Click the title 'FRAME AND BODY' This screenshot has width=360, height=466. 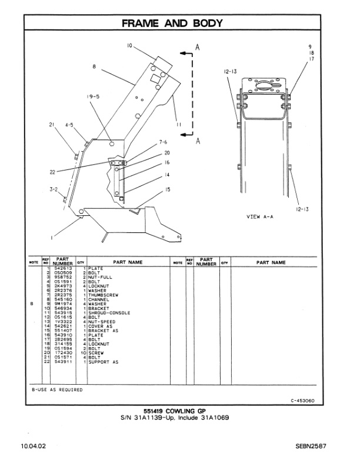click(179, 24)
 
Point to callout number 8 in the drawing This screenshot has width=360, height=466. click(94, 67)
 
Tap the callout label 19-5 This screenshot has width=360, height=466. click(94, 96)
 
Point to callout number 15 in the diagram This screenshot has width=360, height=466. click(168, 189)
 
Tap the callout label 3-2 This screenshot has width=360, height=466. click(54, 189)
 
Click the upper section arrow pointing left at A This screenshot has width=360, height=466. click(187, 54)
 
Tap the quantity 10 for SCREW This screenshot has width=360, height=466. click(85, 353)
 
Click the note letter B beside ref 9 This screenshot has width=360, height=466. click(32, 304)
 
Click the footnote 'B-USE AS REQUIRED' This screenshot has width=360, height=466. click(58, 390)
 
